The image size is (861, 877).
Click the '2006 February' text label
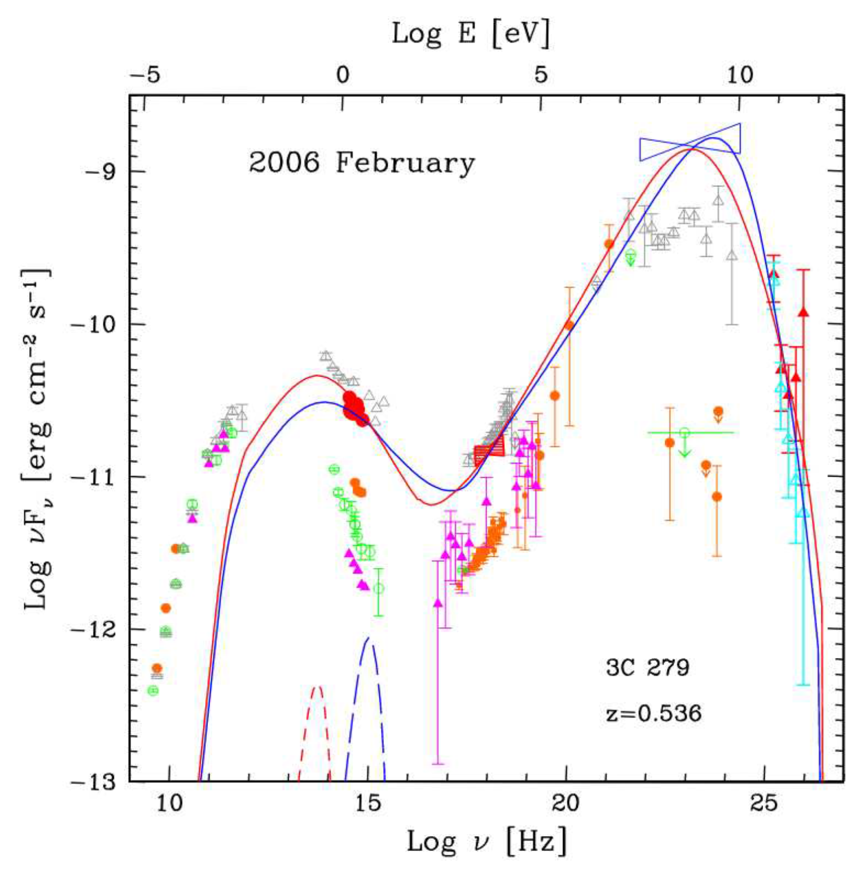[x=361, y=163]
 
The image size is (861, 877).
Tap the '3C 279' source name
[x=648, y=667]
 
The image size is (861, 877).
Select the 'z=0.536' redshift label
[x=654, y=713]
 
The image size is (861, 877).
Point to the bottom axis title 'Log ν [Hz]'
[x=487, y=843]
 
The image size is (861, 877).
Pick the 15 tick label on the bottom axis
[x=368, y=803]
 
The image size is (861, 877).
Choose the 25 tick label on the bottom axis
[x=764, y=803]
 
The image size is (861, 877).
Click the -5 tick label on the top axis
[x=145, y=75]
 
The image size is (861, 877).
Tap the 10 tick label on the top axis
[x=740, y=75]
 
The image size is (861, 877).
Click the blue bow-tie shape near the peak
[x=690, y=142]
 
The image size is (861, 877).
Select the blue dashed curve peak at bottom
[x=368, y=640]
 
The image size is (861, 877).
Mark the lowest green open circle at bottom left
[x=153, y=691]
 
